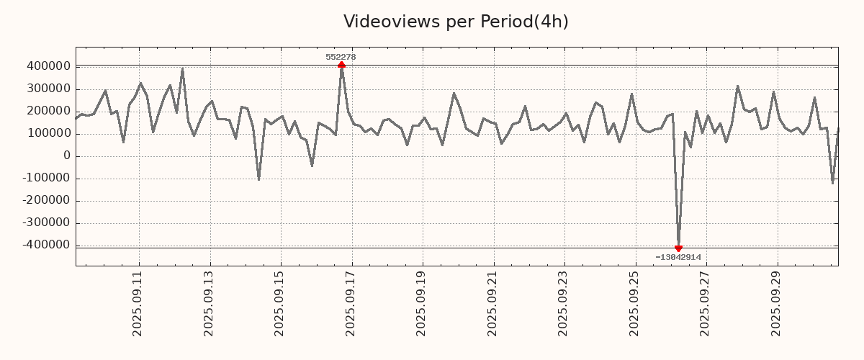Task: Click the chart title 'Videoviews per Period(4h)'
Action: pos(456,22)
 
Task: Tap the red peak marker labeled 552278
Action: pos(341,65)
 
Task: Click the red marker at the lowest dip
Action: pos(678,248)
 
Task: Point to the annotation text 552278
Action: pos(341,57)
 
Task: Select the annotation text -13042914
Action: pos(678,257)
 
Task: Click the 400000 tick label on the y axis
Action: pos(48,66)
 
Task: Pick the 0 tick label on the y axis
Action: pos(67,156)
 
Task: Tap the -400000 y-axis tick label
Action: pos(45,245)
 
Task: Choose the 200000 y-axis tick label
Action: pos(48,111)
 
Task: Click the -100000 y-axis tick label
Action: pos(45,178)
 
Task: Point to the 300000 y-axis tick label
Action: pos(48,89)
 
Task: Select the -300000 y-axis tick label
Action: pos(45,222)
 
